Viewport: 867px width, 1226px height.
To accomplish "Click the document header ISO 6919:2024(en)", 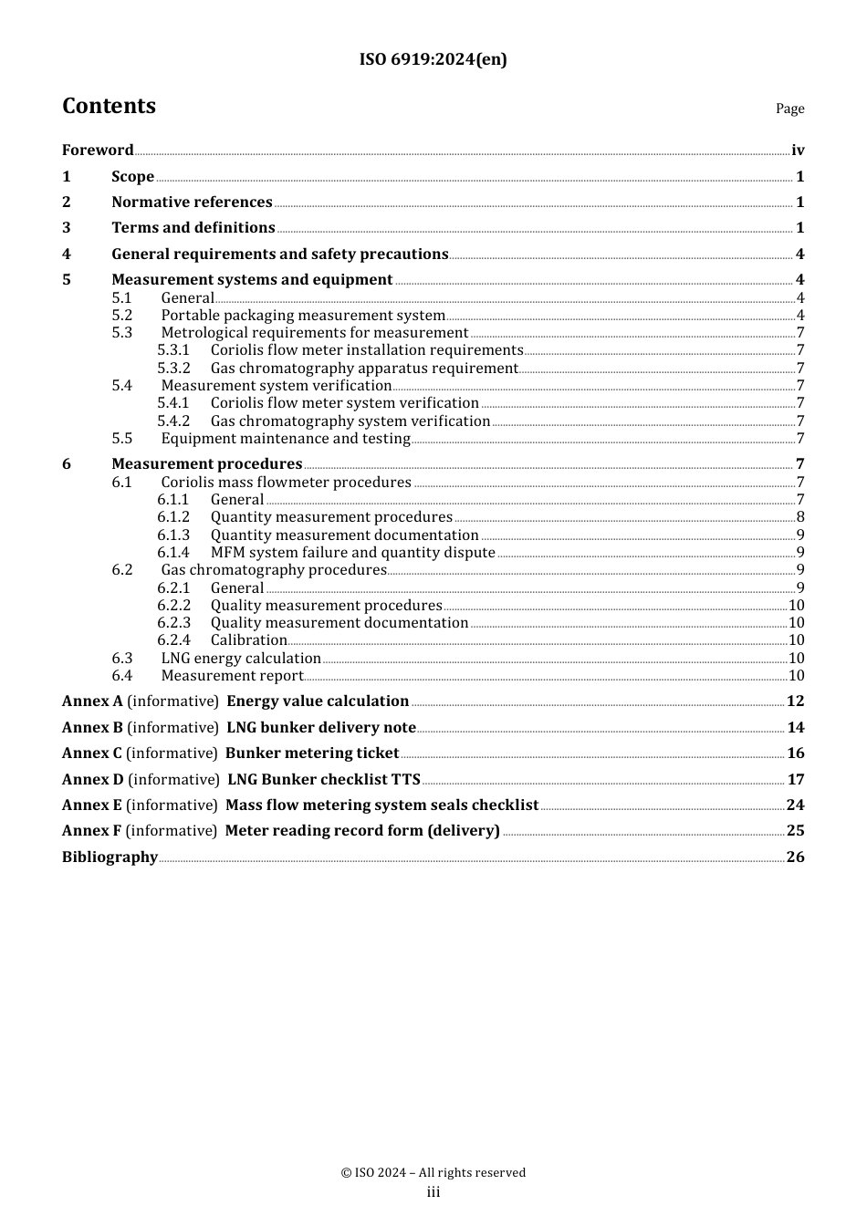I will (x=433, y=59).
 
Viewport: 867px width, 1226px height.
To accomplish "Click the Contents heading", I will (x=109, y=106).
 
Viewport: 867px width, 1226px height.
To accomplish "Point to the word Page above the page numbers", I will (x=789, y=109).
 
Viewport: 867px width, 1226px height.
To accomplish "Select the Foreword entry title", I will (x=98, y=151).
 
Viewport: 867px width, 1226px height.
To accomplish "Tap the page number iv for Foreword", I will (x=798, y=151).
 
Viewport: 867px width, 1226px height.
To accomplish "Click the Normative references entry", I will (x=192, y=203).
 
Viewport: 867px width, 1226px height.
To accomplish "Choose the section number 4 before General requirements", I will (x=67, y=255).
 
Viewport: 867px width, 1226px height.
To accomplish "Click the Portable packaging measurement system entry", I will (x=303, y=316).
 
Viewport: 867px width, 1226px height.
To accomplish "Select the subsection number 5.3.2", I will (x=173, y=369).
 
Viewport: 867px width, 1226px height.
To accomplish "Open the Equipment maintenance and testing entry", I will (x=286, y=439).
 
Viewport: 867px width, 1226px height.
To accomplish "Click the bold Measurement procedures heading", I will (x=206, y=464).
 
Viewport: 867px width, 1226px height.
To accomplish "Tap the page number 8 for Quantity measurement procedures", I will (x=800, y=517).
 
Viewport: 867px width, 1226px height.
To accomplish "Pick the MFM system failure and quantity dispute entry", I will (x=352, y=553).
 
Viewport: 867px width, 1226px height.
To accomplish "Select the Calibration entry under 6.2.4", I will (x=248, y=640).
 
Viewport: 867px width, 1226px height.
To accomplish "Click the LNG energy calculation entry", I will (x=241, y=659).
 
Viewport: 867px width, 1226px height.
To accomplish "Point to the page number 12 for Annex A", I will (x=795, y=701).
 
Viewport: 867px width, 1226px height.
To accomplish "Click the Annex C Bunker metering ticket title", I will (x=312, y=753).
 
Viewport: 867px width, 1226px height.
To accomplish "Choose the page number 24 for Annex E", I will (x=795, y=805).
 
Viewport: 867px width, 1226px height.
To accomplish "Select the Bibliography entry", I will (x=110, y=857).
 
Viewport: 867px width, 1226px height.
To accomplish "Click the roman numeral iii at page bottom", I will (x=433, y=1192).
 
